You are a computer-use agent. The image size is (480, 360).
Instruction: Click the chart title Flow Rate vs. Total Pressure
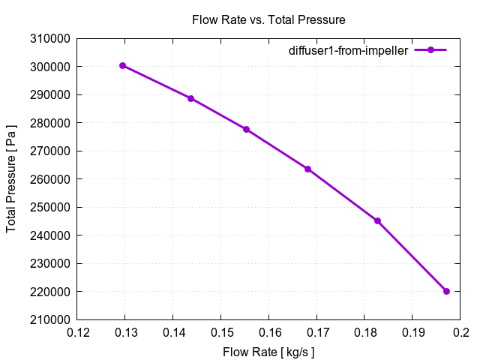[x=268, y=20]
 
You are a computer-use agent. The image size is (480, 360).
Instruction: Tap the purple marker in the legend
[x=430, y=50]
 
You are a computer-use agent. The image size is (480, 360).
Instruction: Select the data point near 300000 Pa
[x=122, y=65]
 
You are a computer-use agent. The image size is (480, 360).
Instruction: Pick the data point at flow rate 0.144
[x=190, y=98]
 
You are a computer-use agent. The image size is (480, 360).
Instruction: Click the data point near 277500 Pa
[x=246, y=129]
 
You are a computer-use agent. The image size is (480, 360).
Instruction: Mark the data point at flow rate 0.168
[x=307, y=169]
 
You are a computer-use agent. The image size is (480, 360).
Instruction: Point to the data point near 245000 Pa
[x=377, y=220]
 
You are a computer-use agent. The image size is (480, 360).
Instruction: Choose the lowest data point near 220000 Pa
[x=446, y=291]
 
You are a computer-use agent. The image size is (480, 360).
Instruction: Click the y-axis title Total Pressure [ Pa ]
[x=12, y=178]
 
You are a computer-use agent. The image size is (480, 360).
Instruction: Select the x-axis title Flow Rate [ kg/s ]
[x=268, y=351]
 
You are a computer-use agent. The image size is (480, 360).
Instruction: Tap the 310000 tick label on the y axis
[x=51, y=39]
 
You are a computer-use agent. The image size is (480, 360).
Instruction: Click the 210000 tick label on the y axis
[x=51, y=319]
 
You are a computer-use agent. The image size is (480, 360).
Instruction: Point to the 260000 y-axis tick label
[x=51, y=179]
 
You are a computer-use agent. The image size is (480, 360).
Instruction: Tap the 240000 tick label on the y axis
[x=51, y=235]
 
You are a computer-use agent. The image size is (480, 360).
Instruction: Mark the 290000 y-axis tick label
[x=51, y=95]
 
